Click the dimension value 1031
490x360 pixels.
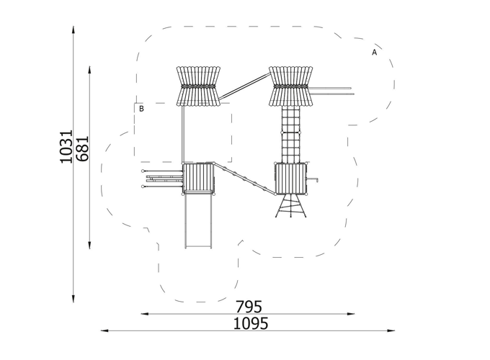coord(66,146)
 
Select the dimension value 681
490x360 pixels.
coord(82,148)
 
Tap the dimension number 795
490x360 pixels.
coord(249,307)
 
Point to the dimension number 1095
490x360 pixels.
coord(251,323)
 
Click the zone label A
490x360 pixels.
coord(375,53)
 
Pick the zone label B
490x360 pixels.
coord(141,109)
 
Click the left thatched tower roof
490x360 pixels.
coord(198,86)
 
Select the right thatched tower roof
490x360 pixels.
coord(291,86)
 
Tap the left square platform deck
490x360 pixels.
coord(198,179)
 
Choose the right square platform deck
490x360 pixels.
coord(291,179)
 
